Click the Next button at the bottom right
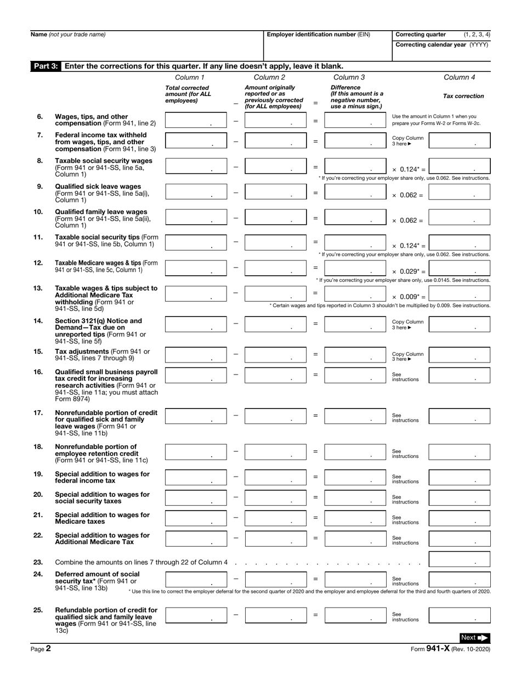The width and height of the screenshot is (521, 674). [x=475, y=637]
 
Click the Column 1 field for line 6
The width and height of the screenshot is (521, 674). [x=196, y=121]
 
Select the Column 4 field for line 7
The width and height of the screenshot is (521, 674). [x=459, y=141]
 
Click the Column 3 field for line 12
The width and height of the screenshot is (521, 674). [x=355, y=268]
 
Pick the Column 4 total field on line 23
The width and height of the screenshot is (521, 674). [x=459, y=559]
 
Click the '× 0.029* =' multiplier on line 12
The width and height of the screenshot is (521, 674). [x=409, y=272]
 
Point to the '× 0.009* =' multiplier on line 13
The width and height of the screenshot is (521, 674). [x=409, y=297]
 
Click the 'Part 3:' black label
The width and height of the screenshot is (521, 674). [x=47, y=66]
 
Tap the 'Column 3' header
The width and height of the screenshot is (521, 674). [x=349, y=77]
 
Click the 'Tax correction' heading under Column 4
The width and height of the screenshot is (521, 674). [x=463, y=96]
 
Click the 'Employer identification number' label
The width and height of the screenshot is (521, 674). [x=319, y=35]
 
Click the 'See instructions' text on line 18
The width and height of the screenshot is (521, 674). [x=405, y=454]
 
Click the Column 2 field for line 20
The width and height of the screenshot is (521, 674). [x=275, y=497]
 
